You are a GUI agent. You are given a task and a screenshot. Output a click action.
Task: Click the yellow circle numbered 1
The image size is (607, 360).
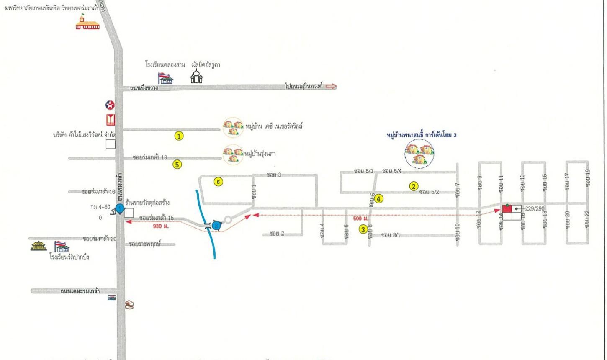coord(179,136)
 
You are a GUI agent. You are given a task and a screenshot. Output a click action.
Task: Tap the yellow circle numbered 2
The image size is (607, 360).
coord(413,186)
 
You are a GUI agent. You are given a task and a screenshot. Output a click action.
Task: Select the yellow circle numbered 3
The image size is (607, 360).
coord(364,229)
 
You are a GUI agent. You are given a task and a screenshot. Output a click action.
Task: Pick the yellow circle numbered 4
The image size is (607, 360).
coord(378,199)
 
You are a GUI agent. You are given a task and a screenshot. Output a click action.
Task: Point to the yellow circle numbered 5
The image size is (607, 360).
coord(177,165)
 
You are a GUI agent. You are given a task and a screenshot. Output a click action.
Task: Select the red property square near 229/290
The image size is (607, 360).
coord(507,209)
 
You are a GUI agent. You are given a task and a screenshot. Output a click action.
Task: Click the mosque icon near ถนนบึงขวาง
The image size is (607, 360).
coord(196,77)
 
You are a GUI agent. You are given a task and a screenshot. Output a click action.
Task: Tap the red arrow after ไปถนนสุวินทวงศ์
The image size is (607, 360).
coord(331,87)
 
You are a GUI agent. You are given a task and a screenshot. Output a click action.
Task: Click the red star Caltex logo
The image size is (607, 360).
coord(110,105)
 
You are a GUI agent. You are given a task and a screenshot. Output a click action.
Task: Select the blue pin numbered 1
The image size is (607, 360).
coord(120,208)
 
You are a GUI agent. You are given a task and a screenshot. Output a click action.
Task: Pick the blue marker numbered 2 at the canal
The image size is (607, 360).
coord(216,226)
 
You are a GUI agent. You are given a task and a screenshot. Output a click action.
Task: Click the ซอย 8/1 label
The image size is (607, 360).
coord(391,235)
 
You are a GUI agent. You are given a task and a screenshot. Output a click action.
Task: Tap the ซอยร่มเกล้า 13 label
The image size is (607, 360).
coord(149,157)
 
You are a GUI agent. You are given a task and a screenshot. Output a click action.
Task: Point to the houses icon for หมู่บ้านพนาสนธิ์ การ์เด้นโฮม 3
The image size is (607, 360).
coord(419,154)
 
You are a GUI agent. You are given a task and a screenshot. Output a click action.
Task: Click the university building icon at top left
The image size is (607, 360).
coord(87,23)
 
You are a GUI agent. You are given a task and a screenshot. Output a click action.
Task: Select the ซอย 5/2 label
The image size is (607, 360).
coord(429,192)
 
